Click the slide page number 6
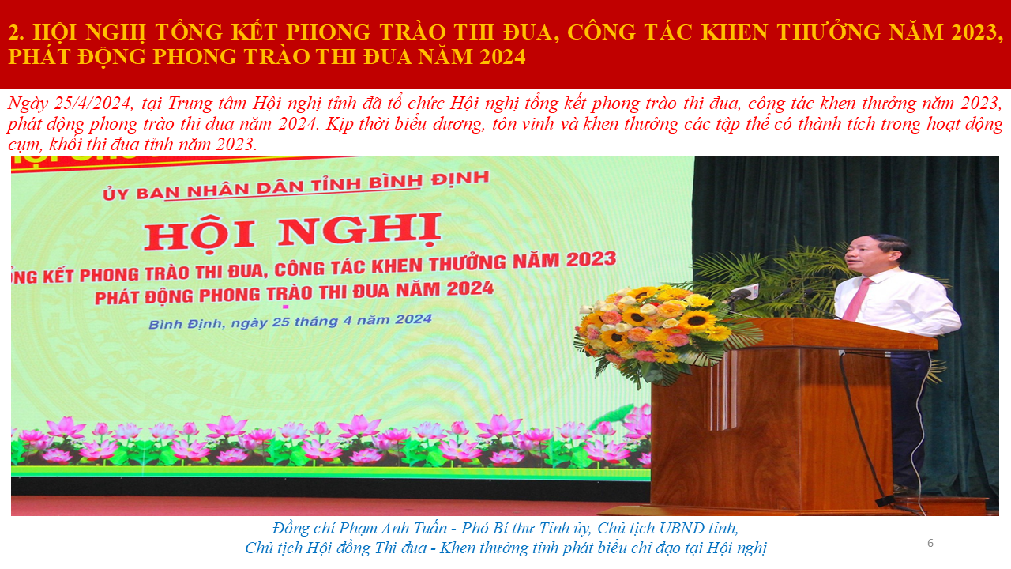click(930, 543)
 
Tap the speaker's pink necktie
click(856, 300)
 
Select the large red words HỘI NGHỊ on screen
click(292, 232)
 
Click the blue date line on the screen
click(290, 322)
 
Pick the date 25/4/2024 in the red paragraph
click(93, 104)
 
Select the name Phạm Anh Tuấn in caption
click(393, 528)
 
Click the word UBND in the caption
click(689, 528)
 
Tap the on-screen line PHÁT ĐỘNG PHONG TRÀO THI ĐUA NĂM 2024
click(295, 293)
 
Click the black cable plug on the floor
click(885, 501)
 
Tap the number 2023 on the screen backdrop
click(592, 258)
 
